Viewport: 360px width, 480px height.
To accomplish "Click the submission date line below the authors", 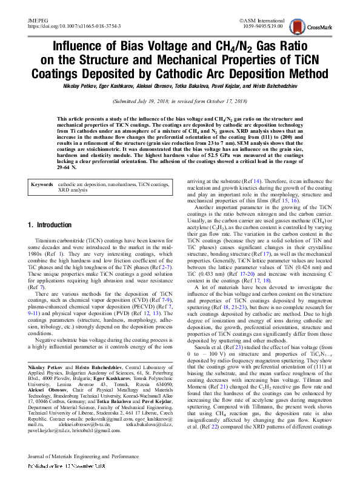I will [180, 101].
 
